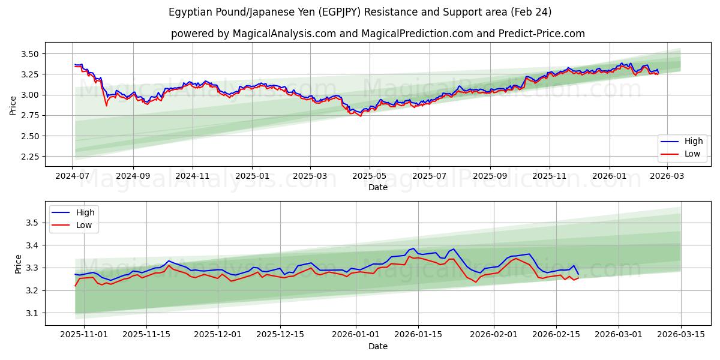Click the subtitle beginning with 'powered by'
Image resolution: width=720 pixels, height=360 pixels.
point(377,34)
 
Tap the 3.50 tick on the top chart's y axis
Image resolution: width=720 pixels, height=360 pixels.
point(30,54)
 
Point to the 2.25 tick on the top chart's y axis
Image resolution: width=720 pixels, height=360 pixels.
point(30,157)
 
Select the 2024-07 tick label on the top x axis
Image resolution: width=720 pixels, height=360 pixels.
point(73,176)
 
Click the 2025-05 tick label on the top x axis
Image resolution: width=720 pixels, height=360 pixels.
point(369,176)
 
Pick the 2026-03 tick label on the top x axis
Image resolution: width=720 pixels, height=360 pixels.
point(667,176)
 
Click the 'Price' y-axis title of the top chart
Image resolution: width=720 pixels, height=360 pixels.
point(13,105)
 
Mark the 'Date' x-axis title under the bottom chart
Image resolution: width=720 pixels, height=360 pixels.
point(377,346)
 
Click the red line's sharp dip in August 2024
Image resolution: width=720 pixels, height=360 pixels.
point(107,106)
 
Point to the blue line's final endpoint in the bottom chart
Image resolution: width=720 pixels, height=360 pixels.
point(578,274)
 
